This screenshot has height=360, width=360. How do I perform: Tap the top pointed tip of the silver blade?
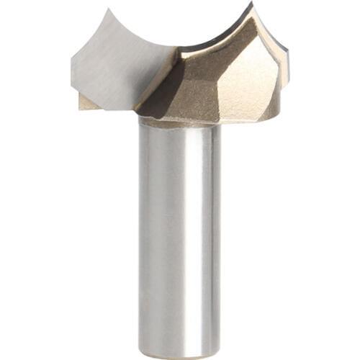click(x=109, y=10)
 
